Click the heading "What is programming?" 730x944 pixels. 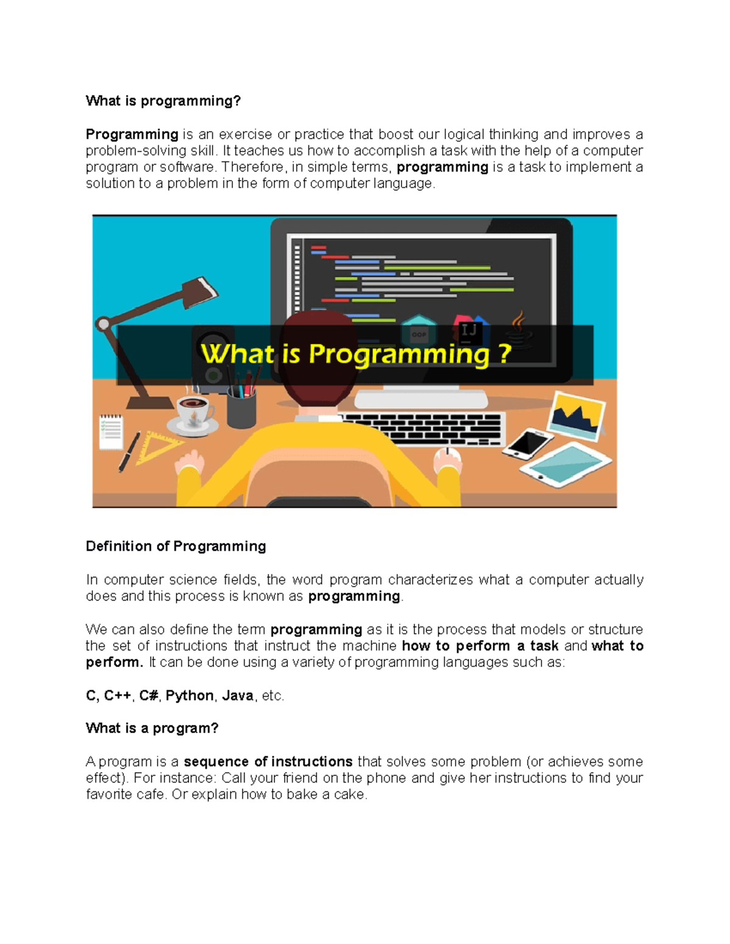click(x=163, y=101)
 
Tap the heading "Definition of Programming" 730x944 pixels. click(x=176, y=546)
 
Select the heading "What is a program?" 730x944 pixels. click(x=151, y=728)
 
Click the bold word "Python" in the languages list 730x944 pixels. click(x=189, y=695)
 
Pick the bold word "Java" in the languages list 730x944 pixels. click(x=237, y=695)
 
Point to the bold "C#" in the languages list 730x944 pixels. click(x=148, y=695)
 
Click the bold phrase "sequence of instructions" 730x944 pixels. click(x=268, y=762)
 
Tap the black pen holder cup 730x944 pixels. click(x=241, y=408)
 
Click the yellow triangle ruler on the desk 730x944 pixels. click(x=155, y=447)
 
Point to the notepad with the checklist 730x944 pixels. click(x=111, y=432)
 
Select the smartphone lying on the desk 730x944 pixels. click(x=527, y=443)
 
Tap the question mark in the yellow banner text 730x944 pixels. click(x=504, y=354)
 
